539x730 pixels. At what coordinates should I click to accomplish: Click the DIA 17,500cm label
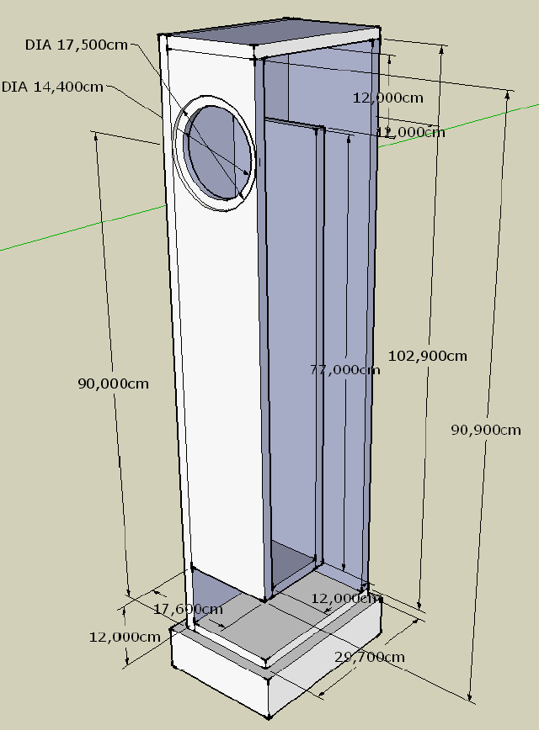76,45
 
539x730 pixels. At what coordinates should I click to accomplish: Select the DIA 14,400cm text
52,86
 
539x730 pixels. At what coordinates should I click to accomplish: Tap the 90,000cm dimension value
113,384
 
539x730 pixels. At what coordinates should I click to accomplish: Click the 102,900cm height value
427,356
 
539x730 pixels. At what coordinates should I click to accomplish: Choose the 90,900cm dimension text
486,430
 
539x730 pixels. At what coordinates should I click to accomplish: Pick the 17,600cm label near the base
188,608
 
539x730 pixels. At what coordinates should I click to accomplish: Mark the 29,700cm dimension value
370,656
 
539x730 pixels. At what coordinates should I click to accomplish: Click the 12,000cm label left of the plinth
125,637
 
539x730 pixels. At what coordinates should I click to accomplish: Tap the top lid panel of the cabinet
269,39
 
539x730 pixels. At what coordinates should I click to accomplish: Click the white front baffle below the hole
221,378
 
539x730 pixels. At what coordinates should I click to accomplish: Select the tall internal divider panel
292,336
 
